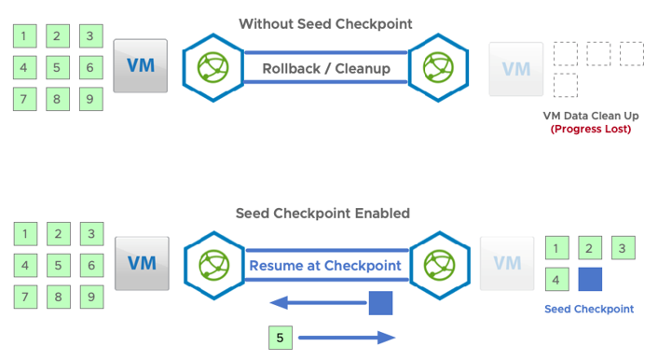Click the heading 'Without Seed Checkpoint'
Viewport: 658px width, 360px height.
point(325,23)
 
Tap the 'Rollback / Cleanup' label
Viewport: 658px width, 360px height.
point(326,68)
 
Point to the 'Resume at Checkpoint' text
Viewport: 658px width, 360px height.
point(325,265)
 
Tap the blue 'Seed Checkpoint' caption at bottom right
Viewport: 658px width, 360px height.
point(588,309)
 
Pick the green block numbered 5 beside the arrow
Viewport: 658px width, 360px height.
point(280,337)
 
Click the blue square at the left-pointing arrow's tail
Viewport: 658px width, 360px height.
point(380,302)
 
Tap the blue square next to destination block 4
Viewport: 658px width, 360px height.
point(590,279)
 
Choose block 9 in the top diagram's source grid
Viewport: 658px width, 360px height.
point(89,97)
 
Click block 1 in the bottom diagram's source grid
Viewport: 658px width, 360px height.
point(25,234)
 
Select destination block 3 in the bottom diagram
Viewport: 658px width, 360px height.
point(624,247)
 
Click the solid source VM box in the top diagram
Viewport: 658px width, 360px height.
point(141,66)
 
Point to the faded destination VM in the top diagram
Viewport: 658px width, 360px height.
point(516,69)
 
